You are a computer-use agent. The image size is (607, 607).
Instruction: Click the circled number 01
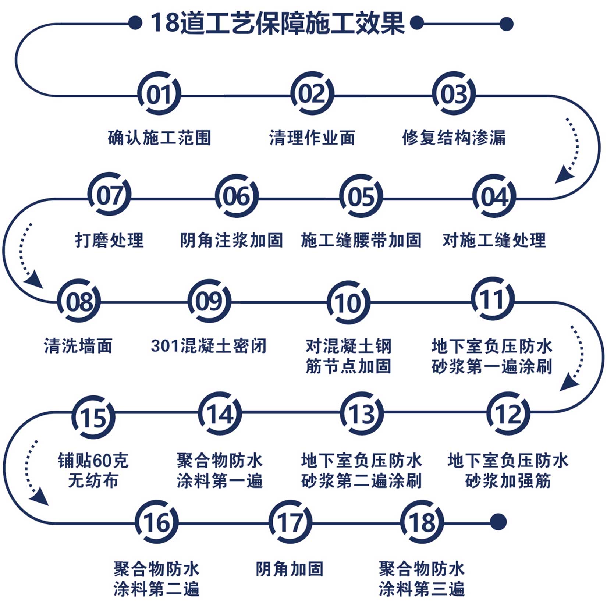coord(159,93)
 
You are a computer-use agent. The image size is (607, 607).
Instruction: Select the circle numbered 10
coord(348,302)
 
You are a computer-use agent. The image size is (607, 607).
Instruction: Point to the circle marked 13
coord(362,413)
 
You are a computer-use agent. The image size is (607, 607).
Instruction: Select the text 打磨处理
coord(109,241)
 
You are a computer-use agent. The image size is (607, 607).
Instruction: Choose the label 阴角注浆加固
coord(231,241)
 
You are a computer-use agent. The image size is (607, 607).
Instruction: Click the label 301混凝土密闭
coord(209,346)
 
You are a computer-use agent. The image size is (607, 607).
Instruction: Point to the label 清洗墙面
coord(78,346)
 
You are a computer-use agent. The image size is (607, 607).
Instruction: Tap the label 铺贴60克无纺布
coord(93,471)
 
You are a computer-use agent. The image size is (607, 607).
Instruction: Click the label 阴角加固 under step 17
coord(290,569)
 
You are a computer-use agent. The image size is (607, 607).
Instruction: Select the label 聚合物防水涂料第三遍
coord(422,578)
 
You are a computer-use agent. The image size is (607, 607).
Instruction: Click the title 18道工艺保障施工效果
coord(278,23)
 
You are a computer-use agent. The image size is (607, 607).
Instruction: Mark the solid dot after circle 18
coord(498,522)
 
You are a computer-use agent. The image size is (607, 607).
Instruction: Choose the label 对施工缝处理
coord(494,241)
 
